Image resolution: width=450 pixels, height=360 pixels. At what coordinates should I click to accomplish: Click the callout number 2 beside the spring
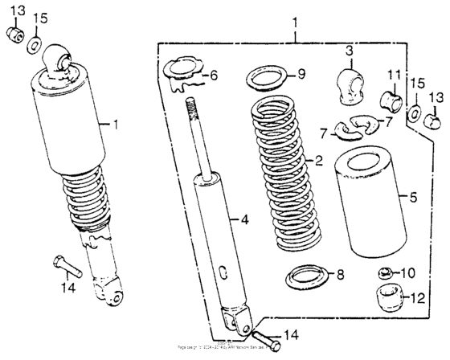pos(318,161)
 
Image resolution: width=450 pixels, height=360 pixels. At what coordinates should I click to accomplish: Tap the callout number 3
pos(350,52)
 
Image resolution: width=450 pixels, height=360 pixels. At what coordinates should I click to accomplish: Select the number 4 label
pos(244,219)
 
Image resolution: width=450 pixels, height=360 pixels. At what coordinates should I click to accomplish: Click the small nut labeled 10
pos(385,273)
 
